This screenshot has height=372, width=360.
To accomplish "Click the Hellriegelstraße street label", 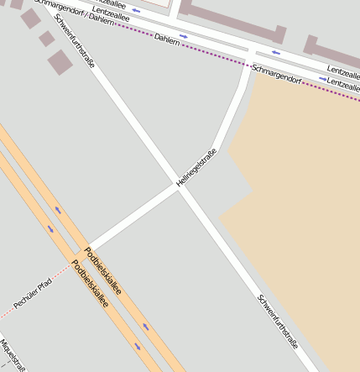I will pos(197,167).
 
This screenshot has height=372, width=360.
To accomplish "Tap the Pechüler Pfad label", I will pos(33,291).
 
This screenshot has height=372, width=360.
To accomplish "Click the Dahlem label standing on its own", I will pos(167,39).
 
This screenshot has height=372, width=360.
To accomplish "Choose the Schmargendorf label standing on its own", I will pos(276,73).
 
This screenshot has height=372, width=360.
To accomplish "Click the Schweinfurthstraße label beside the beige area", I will pos(278,320).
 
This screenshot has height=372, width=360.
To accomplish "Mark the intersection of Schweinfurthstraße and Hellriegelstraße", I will pos(179,187).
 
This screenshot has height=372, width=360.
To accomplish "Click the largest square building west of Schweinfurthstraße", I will pos(60,61).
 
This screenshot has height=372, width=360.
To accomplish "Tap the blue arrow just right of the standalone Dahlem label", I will pos(184,36).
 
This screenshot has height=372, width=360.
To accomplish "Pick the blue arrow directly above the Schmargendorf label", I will pos(275,52).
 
